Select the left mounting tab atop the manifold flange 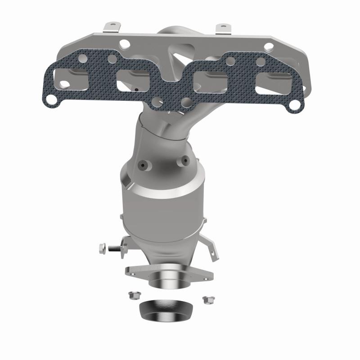(110, 28)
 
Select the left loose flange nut (132, 296)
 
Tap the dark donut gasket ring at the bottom (165, 309)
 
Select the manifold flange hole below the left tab (125, 43)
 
